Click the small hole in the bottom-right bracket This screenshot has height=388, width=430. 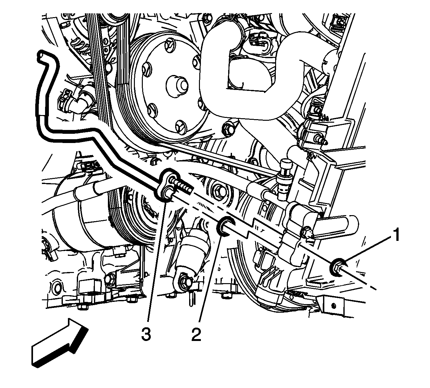click(333, 306)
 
